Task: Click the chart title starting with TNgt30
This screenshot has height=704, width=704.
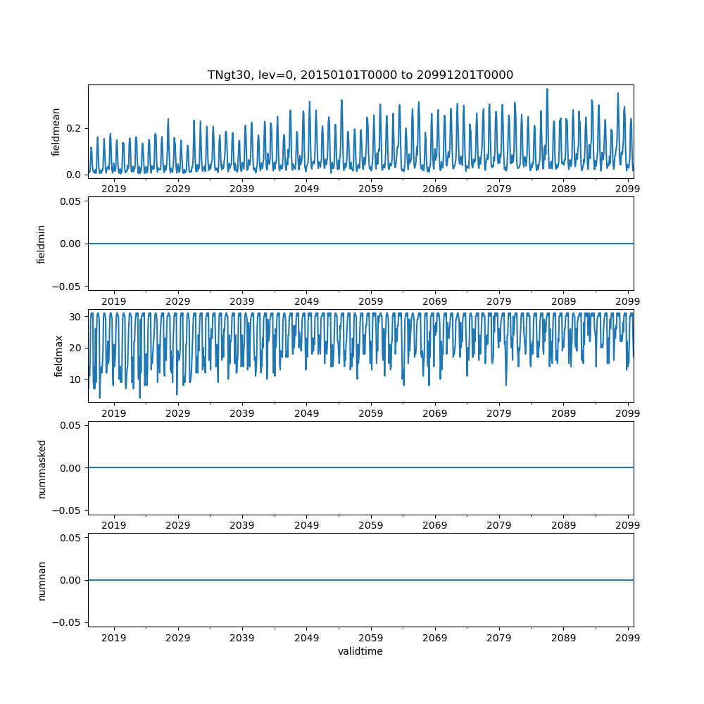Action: coord(360,75)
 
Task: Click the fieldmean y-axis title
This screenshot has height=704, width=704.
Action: coord(56,132)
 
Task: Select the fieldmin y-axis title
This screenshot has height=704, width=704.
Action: coord(42,244)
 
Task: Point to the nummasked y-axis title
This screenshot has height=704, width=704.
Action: coord(42,468)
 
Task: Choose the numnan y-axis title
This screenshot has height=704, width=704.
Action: coord(42,580)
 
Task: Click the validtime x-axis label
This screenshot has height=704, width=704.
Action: coord(360,651)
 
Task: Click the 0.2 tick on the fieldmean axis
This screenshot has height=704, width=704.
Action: coord(74,128)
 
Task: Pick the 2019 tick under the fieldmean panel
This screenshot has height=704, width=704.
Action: coord(114,189)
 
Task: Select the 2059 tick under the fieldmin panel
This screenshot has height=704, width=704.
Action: coord(371,301)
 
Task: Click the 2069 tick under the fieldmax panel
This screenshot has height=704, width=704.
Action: coord(435,413)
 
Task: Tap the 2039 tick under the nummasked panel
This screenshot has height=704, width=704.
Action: coord(242,526)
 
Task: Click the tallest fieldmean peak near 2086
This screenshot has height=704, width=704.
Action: coord(547,89)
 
